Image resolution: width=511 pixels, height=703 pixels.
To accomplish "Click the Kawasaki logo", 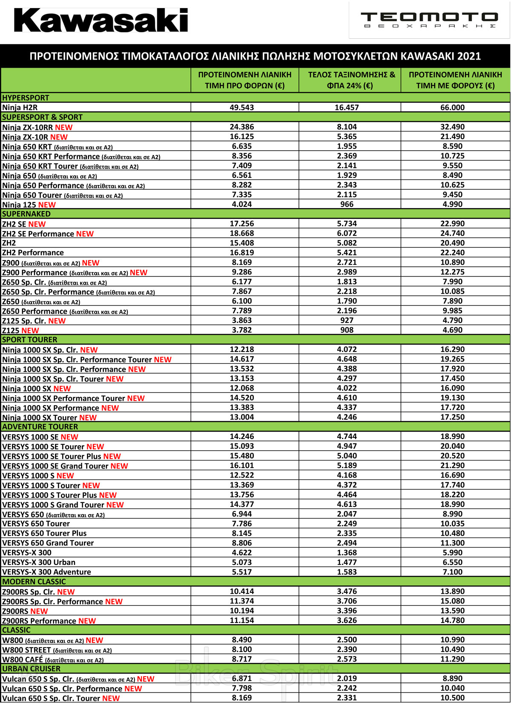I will pos(101,20).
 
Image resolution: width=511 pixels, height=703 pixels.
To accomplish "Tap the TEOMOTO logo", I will pos(429,19).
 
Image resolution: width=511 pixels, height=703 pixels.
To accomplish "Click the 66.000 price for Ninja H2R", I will pos(452,108).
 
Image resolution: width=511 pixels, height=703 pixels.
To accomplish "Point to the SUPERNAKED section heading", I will pos(26,214).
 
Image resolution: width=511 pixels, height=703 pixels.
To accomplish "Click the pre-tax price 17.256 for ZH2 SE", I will pos(242,224).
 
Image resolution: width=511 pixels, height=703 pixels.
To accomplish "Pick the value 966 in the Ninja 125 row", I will pos(347,204).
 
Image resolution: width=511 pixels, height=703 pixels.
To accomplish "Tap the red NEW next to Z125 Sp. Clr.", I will pos(57,321).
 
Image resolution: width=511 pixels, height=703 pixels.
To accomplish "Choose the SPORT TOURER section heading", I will pos(30,340).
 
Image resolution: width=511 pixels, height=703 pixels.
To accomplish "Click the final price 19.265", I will pos(452,359).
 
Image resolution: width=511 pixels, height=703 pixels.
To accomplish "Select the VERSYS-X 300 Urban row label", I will pos(39,562).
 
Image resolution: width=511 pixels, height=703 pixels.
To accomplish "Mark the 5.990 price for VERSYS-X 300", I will pos(452,553).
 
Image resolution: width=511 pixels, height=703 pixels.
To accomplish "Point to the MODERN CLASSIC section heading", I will pos(34,582).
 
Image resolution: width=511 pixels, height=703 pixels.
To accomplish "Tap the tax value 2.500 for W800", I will pos(347,640).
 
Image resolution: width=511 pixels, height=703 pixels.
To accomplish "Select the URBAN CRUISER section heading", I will pos(32,669).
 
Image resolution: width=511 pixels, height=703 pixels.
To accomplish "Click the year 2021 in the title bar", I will pos(469,56).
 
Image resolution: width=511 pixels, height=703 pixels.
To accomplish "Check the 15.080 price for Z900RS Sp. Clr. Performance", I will pos(452,601).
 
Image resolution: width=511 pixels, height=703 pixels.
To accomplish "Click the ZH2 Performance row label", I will pos(33,253).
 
